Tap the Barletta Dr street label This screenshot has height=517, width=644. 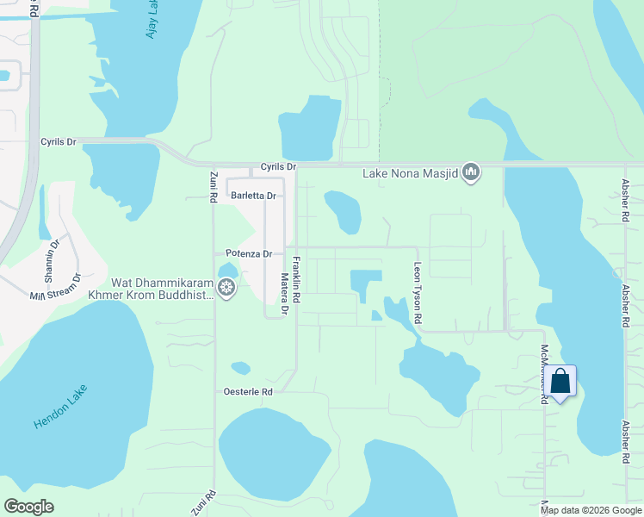(253, 196)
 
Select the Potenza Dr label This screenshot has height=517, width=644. (249, 253)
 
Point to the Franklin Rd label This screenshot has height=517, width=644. (295, 279)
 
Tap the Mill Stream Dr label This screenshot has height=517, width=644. (55, 287)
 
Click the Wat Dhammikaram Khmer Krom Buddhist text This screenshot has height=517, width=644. (163, 289)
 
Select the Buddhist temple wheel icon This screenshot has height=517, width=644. (226, 288)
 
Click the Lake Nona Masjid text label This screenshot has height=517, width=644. (411, 173)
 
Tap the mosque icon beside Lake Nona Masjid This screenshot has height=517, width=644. (471, 173)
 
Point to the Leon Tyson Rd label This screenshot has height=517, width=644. (418, 293)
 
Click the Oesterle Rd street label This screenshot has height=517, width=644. (249, 391)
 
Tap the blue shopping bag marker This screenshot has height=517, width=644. (560, 380)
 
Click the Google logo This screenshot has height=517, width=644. (28, 507)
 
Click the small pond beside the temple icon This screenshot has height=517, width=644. (227, 270)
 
